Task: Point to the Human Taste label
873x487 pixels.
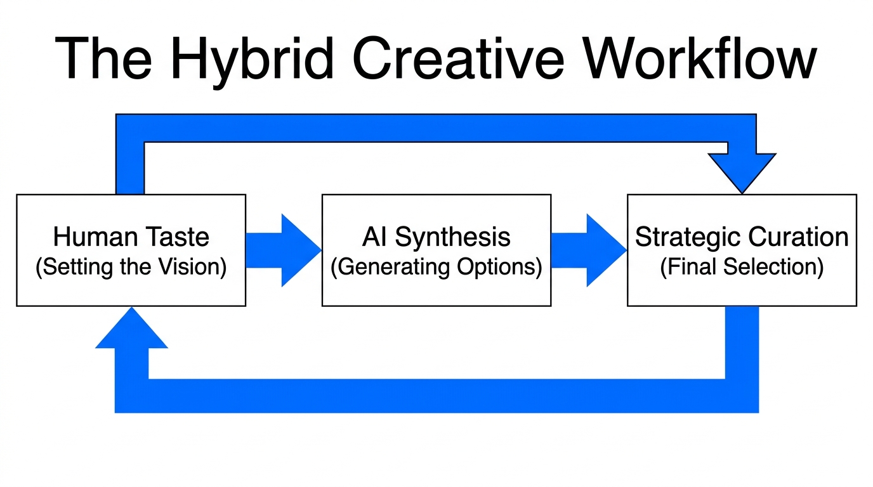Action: click(x=131, y=237)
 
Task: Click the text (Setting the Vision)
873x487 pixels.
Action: click(x=131, y=267)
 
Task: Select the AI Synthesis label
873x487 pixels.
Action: click(x=436, y=237)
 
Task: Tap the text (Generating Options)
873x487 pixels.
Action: click(x=436, y=267)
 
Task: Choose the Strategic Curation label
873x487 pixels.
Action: click(x=742, y=237)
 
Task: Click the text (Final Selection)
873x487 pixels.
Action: click(x=742, y=267)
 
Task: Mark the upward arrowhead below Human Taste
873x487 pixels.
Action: click(x=131, y=330)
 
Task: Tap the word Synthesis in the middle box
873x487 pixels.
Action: click(x=453, y=237)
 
